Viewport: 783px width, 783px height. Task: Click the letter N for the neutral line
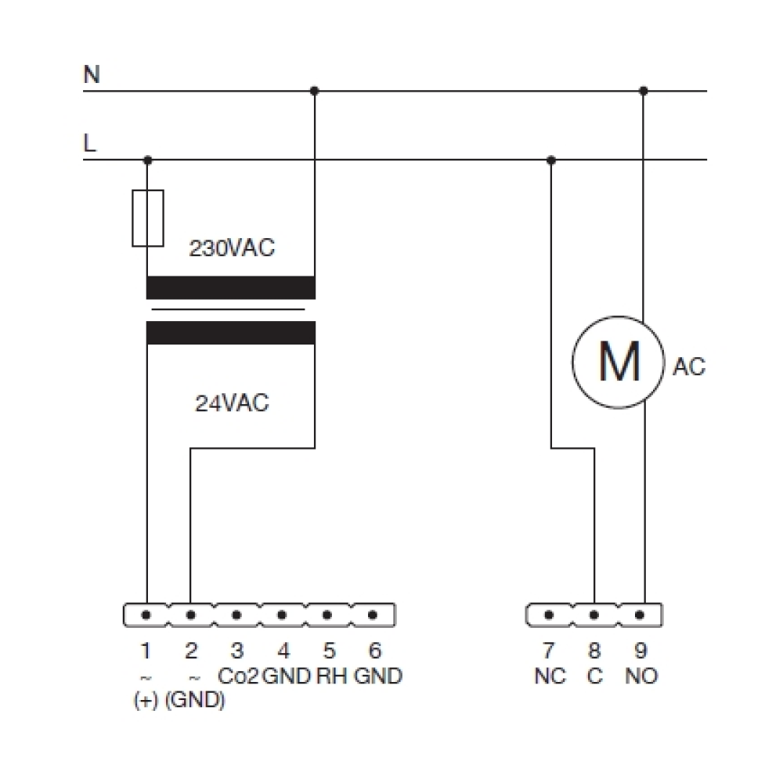click(92, 74)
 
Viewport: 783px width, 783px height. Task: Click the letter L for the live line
click(89, 143)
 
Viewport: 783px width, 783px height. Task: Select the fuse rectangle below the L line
click(148, 218)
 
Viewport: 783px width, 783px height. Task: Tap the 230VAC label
click(232, 247)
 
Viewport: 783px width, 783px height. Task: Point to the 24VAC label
click(232, 403)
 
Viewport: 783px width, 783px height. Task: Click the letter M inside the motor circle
click(619, 361)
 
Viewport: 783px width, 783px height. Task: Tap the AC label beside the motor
click(689, 366)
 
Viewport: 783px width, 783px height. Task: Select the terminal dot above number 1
click(146, 615)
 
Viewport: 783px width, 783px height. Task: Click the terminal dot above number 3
click(236, 615)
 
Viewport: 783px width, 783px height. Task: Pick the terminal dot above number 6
click(373, 615)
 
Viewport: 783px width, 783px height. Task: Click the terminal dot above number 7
click(549, 615)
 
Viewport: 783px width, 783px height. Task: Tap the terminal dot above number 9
click(639, 615)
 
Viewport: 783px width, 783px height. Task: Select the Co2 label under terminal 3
click(238, 677)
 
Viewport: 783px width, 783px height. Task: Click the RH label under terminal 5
click(331, 677)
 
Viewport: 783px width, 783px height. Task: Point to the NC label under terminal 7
click(550, 677)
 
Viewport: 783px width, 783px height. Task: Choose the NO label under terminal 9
click(641, 677)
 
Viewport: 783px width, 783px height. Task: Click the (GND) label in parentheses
click(195, 700)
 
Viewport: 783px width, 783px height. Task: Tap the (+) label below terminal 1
click(146, 700)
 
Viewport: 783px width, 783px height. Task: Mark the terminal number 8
click(594, 650)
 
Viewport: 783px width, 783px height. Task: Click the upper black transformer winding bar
click(231, 287)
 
